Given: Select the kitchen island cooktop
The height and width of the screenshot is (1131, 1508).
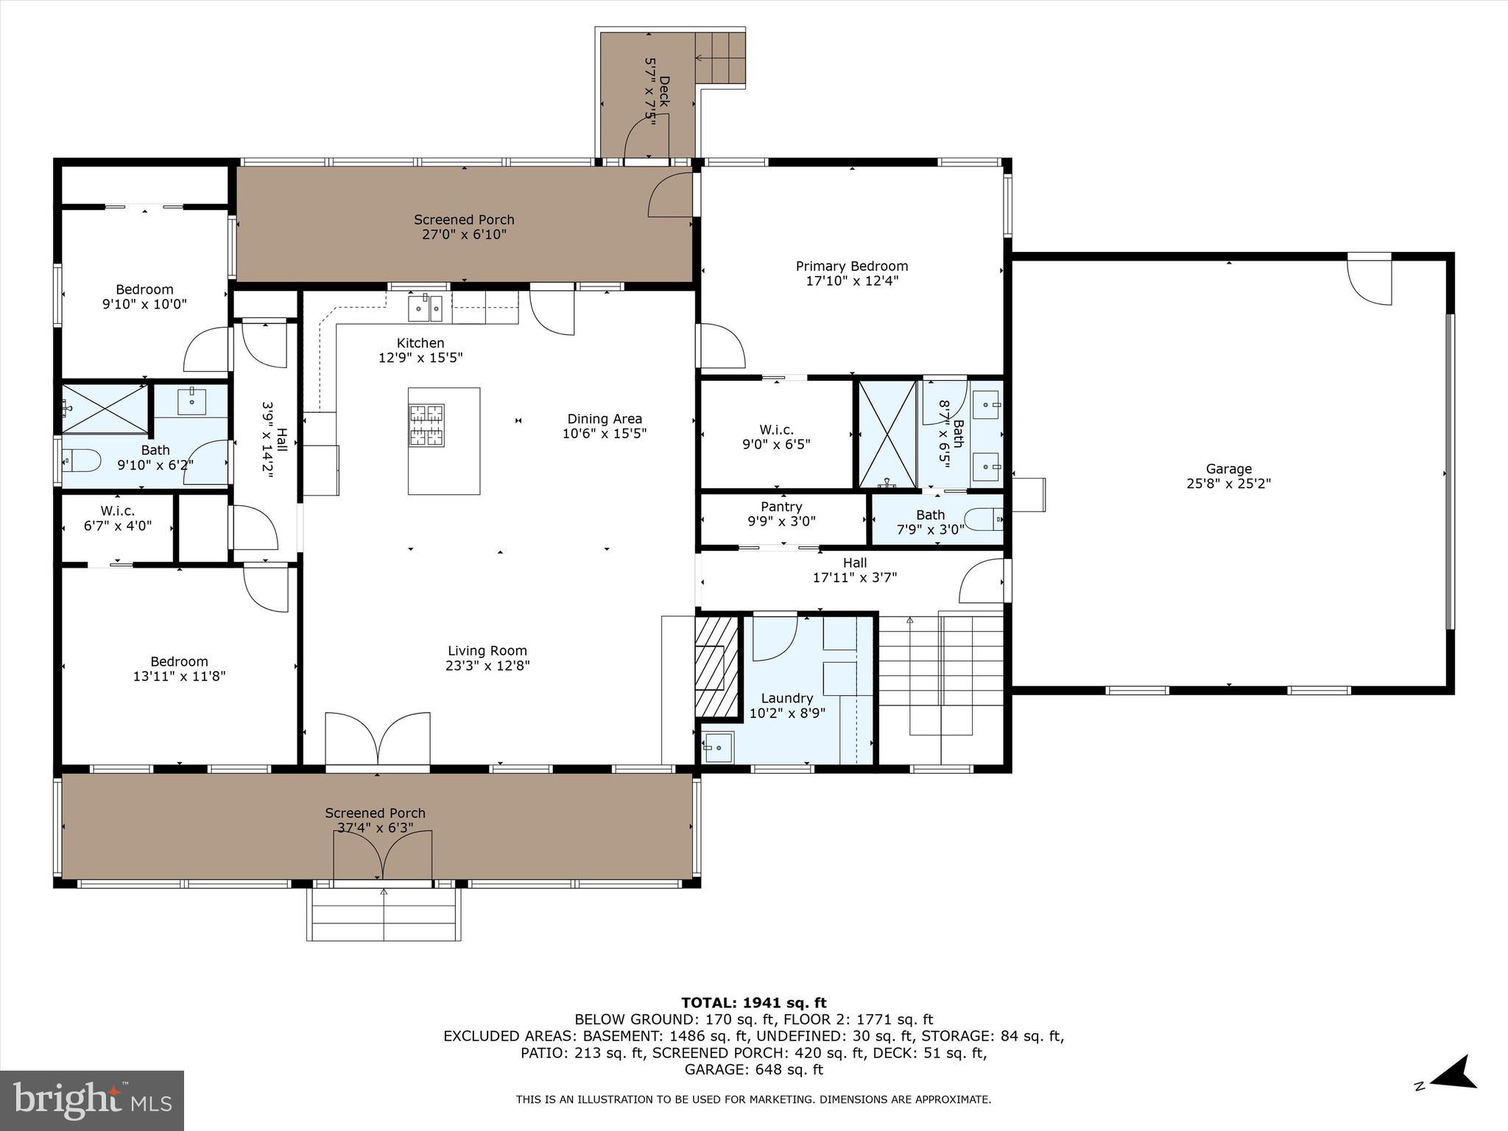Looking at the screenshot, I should tap(426, 425).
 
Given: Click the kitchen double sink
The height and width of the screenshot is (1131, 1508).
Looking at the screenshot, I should tap(426, 307).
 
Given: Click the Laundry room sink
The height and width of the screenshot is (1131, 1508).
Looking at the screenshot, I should tap(716, 747).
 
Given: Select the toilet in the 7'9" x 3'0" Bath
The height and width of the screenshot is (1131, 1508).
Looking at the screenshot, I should tap(984, 520).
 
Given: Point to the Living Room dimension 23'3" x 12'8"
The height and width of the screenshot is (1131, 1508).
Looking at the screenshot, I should tap(488, 666).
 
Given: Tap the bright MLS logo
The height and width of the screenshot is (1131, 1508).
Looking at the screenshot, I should tap(92, 1101).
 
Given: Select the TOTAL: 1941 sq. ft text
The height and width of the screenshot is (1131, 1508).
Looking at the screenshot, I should tap(753, 1003).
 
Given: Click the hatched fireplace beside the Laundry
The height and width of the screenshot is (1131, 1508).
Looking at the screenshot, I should tap(716, 666).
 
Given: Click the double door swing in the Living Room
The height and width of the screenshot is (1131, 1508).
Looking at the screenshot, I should tap(378, 739).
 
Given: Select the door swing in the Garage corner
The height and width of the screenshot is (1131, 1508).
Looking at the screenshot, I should tap(1370, 281).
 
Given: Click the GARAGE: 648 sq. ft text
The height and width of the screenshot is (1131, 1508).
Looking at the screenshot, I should tap(753, 1069).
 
